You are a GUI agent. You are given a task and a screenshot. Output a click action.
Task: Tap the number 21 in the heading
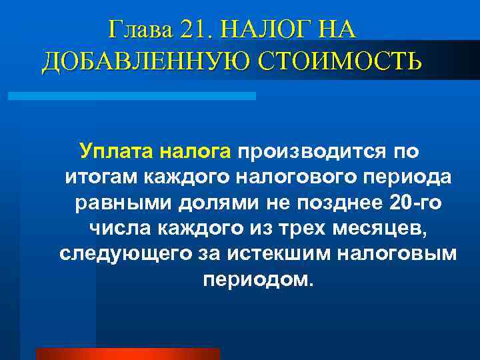click(193, 30)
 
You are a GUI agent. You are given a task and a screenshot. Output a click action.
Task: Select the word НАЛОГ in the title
click(260, 30)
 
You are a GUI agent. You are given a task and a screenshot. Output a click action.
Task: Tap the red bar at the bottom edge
click(127, 354)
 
